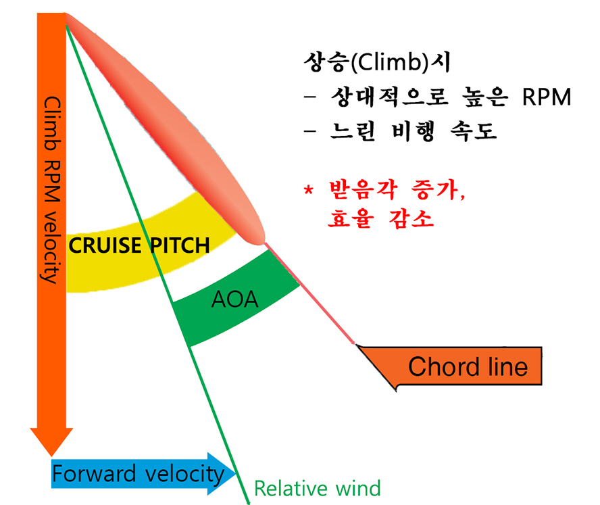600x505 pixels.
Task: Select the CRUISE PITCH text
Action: point(140,245)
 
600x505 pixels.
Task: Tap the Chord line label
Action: point(468,366)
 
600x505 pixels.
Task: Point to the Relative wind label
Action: point(317,487)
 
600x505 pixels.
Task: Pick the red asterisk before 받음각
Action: point(308,189)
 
